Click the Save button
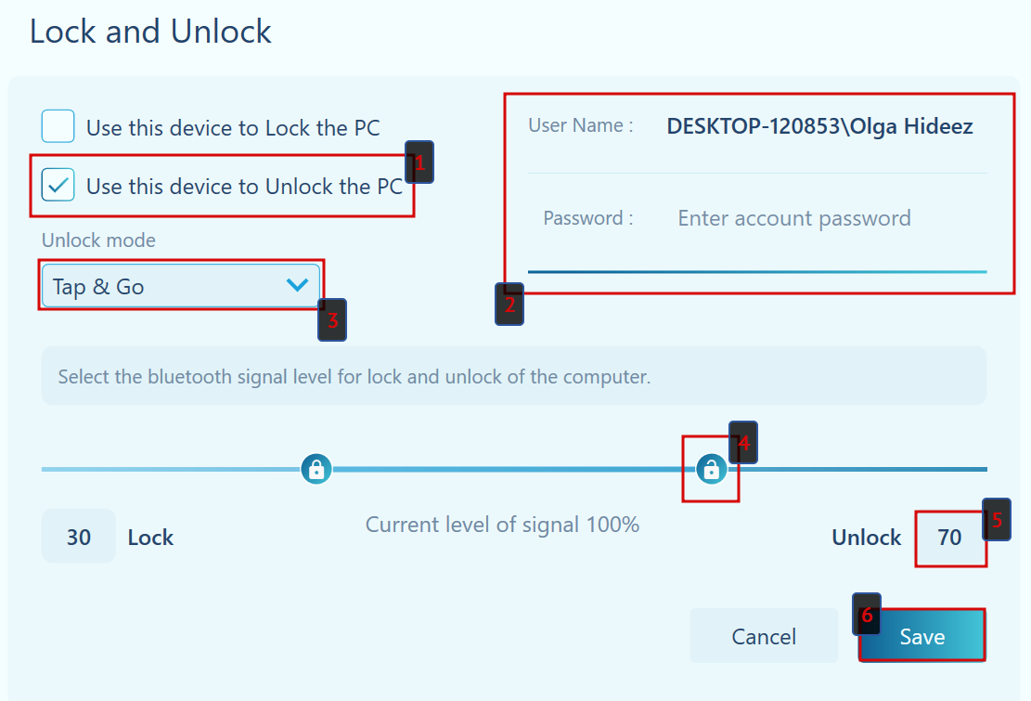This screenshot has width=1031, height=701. coord(921,636)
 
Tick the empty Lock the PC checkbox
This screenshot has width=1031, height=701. coord(58,126)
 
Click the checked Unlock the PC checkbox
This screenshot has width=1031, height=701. coord(58,186)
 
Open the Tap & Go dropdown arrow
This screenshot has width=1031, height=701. coord(297,286)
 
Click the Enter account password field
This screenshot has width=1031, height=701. coord(794,218)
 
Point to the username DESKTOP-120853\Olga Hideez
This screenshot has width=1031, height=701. coord(819,126)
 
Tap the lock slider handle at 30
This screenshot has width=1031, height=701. coord(316,469)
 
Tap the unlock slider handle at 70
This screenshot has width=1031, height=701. coord(711,469)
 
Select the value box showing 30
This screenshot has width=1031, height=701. coord(79,537)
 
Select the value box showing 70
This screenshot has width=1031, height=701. coord(949,538)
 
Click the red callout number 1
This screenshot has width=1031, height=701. coord(419,162)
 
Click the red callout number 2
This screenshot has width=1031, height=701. coord(509,305)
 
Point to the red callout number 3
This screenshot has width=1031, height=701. coord(332,320)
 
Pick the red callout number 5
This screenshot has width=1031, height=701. coord(998,520)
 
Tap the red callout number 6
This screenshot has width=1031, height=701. coord(867,615)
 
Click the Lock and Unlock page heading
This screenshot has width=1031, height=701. coord(150,32)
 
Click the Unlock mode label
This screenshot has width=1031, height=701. coord(98,240)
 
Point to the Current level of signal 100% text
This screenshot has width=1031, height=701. coord(502,525)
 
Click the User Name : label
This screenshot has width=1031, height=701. coord(581,125)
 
